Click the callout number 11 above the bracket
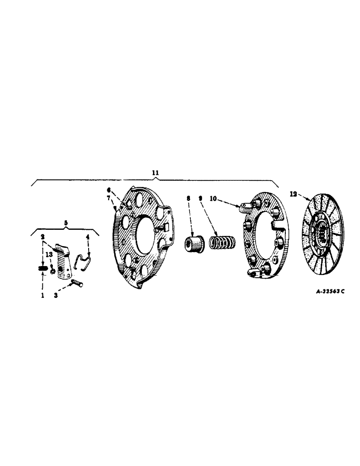pos(155,172)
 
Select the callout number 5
pos(66,223)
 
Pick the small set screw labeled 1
pos(42,268)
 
